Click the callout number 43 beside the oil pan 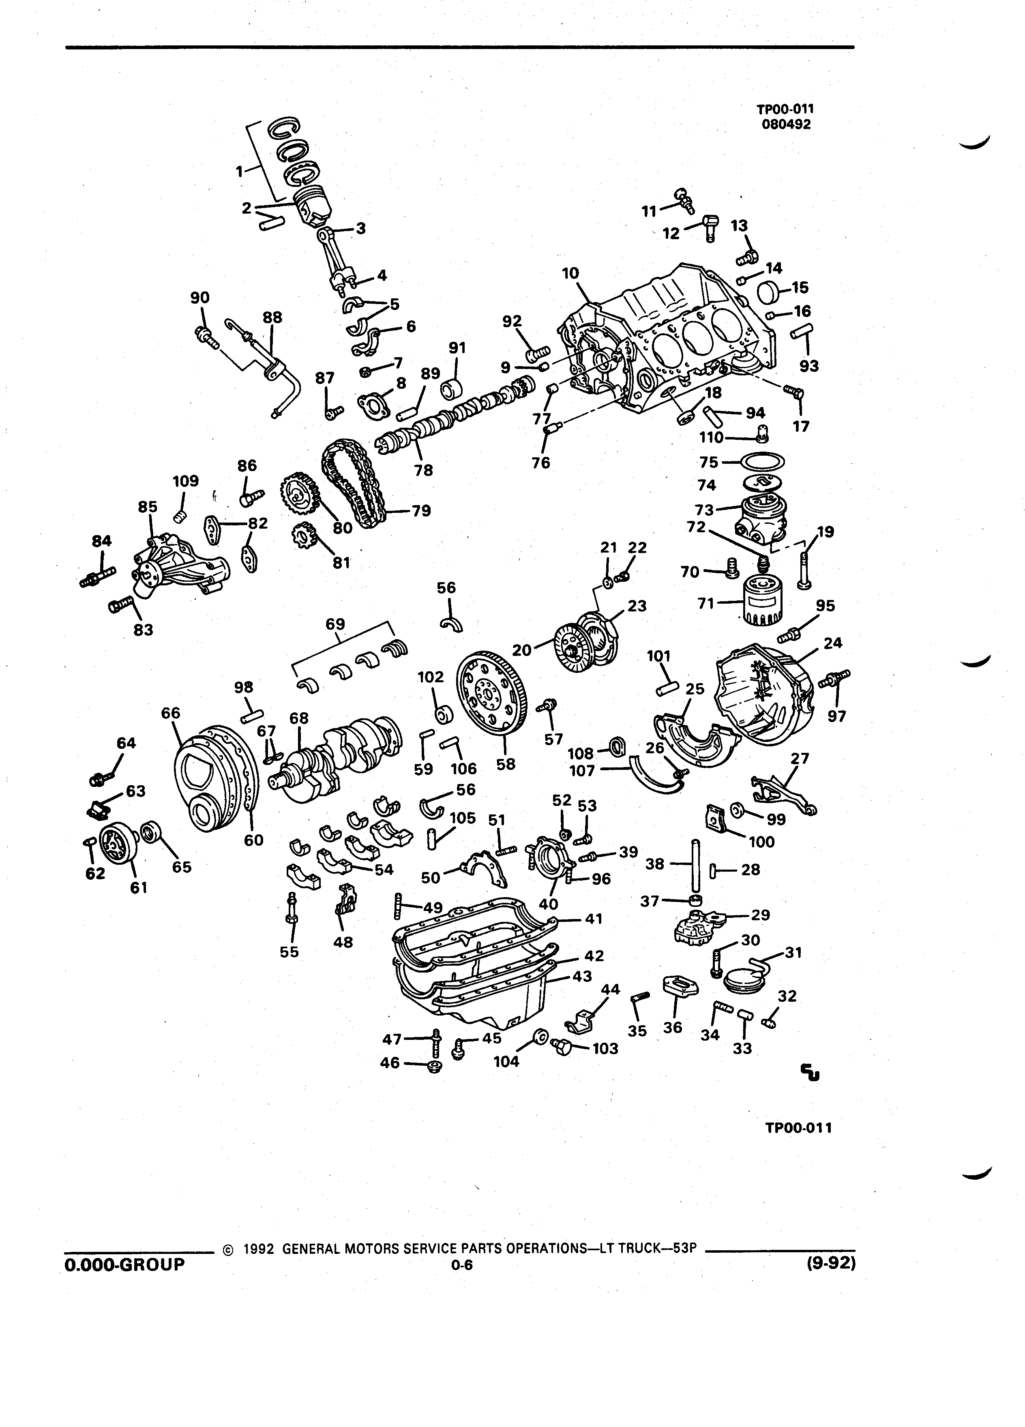pos(582,977)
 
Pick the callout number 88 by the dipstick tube pos(272,318)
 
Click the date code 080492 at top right pos(786,124)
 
